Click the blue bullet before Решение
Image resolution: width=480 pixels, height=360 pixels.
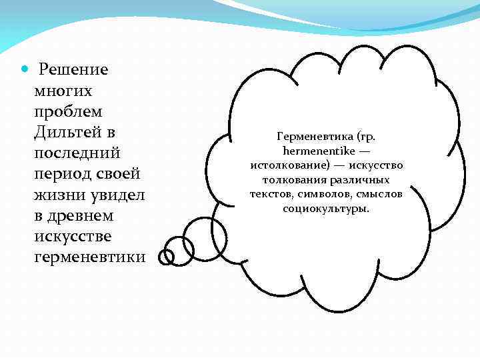25,69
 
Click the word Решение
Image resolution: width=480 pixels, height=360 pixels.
73,69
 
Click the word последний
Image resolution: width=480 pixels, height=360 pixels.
77,153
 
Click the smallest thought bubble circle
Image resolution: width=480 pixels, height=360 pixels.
166,255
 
